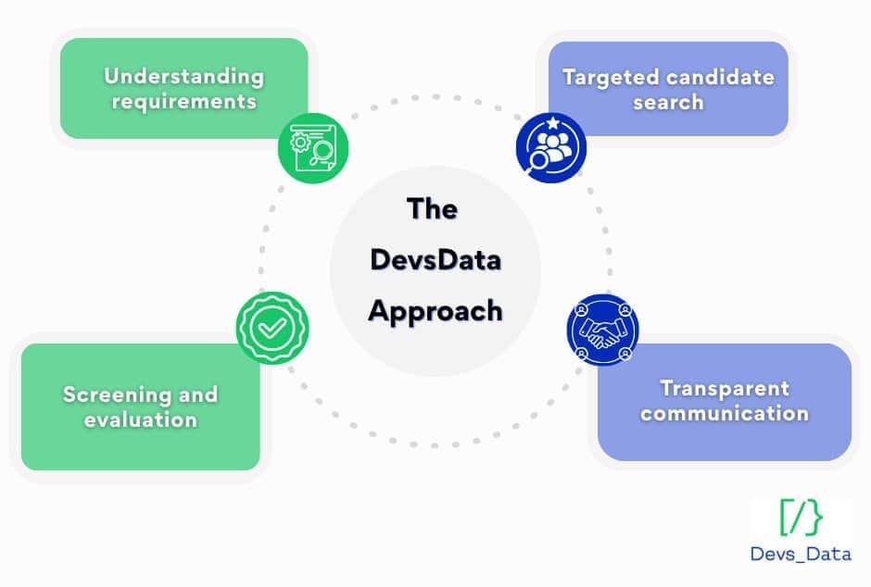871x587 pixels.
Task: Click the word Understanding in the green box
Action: [x=183, y=77]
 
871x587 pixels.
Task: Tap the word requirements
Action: [x=183, y=101]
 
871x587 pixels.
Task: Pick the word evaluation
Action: [x=140, y=419]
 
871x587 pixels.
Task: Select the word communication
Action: [x=725, y=413]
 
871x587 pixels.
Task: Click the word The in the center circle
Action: [x=433, y=209]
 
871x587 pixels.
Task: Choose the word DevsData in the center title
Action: [x=435, y=259]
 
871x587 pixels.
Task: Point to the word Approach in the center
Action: [x=435, y=309]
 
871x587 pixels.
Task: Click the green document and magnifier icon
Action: [x=313, y=147]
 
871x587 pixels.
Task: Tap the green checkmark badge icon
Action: [x=271, y=328]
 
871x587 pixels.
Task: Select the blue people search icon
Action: [x=550, y=147]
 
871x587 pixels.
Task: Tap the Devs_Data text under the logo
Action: [x=801, y=554]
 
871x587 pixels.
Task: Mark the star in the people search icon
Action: [x=551, y=123]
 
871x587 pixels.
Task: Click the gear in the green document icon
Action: [x=302, y=142]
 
